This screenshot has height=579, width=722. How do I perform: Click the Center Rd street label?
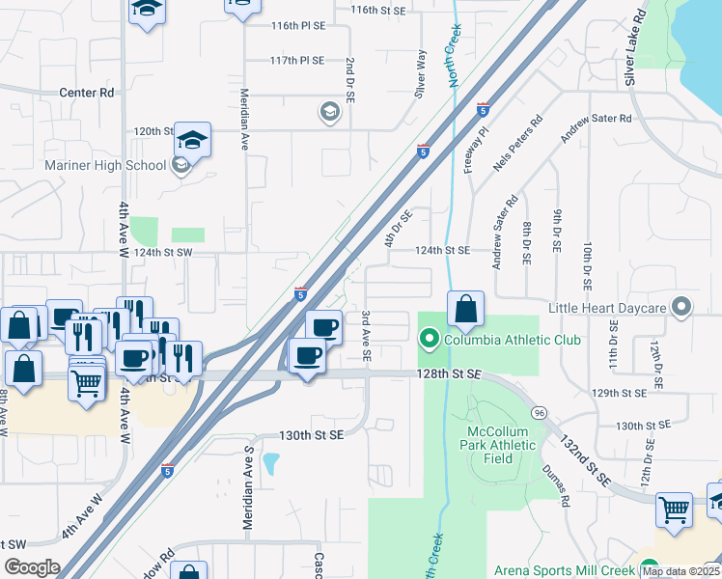87,93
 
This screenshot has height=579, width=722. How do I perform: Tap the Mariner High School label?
106,165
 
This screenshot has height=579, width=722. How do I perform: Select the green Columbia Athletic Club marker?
429,340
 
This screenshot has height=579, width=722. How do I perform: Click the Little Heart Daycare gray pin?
682,308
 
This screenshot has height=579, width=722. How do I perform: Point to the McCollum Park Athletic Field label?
501,445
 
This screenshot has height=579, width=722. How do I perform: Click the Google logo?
32,567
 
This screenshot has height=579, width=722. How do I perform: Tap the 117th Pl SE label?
297,60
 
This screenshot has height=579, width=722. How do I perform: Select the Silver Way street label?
420,74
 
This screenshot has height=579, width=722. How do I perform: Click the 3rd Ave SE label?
367,336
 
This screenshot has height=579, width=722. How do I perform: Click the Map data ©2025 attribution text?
680,571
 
